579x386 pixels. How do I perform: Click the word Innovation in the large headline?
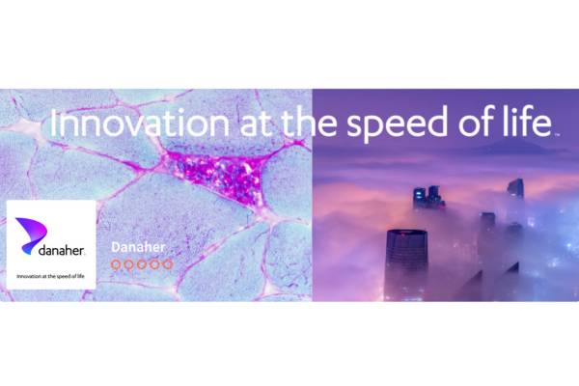pyautogui.click(x=140, y=123)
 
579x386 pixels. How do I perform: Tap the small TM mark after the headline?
pyautogui.click(x=557, y=134)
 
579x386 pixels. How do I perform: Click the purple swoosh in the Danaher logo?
pyautogui.click(x=31, y=234)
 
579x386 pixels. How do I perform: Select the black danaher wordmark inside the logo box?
pyautogui.click(x=62, y=250)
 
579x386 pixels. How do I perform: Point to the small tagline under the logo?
pyautogui.click(x=50, y=276)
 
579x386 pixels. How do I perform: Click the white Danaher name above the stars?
pyautogui.click(x=138, y=247)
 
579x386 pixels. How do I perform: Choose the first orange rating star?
pyautogui.click(x=116, y=264)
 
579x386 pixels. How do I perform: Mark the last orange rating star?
pyautogui.click(x=168, y=264)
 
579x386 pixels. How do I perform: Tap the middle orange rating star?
pyautogui.click(x=142, y=264)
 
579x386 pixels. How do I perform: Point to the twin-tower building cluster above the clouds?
pyautogui.click(x=428, y=197)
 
